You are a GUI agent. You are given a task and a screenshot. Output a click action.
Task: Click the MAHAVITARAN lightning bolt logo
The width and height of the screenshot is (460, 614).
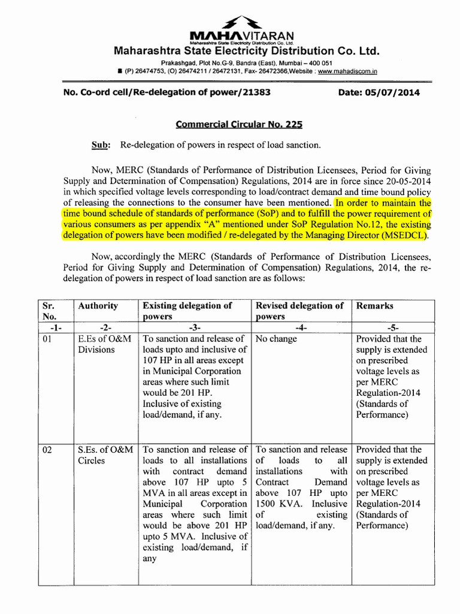pyautogui.click(x=230, y=23)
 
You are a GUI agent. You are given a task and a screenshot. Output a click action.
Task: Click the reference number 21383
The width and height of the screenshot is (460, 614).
pyautogui.click(x=256, y=92)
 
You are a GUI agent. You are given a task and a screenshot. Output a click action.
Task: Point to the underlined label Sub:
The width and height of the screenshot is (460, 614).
pyautogui.click(x=99, y=145)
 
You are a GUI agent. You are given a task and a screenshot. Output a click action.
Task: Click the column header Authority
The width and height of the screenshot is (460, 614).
pyautogui.click(x=98, y=305)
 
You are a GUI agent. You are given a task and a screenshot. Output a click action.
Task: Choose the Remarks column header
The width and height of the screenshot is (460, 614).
pyautogui.click(x=374, y=305)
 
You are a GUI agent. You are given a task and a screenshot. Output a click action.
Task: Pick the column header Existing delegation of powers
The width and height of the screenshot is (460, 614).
pyautogui.click(x=187, y=311)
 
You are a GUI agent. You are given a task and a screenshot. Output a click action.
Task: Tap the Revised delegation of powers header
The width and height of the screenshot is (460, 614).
pyautogui.click(x=299, y=311)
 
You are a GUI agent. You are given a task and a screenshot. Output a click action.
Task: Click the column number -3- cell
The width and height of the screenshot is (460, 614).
pyautogui.click(x=195, y=327)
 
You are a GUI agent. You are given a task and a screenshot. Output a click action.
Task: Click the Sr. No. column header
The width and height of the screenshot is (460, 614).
pyautogui.click(x=49, y=311)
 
